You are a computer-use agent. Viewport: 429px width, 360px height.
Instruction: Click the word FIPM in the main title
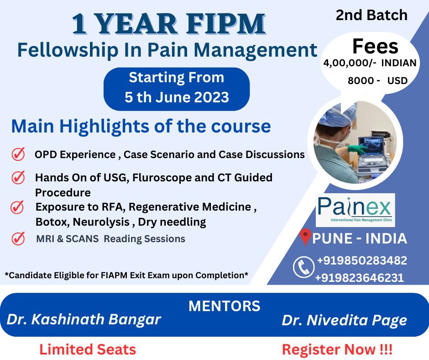(x=226, y=24)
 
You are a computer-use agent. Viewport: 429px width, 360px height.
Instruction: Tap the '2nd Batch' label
(x=371, y=15)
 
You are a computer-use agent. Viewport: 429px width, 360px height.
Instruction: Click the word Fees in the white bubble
(x=375, y=46)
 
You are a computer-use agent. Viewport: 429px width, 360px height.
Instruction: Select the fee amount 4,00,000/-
(x=350, y=63)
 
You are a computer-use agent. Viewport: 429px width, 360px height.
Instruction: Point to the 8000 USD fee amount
(x=377, y=81)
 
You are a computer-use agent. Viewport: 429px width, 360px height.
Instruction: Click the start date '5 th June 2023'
(x=177, y=97)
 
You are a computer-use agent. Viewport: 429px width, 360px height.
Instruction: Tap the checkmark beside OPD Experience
(x=18, y=154)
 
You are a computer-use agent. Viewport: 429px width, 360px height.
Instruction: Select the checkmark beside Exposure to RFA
(x=17, y=207)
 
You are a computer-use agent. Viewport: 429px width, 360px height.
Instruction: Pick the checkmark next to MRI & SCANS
(x=18, y=238)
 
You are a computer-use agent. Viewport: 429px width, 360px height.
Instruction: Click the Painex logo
(x=356, y=210)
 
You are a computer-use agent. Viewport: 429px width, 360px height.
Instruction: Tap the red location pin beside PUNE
(x=305, y=237)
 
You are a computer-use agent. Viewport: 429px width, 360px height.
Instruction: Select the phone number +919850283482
(x=362, y=260)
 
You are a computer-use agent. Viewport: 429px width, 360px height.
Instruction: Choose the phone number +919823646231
(x=360, y=278)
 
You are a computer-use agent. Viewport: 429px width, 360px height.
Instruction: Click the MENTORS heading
(x=225, y=306)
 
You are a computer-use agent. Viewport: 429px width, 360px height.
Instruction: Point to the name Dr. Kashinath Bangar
(x=84, y=320)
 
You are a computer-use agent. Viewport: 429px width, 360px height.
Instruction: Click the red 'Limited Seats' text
(x=88, y=350)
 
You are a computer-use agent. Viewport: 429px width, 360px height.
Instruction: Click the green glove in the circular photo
(x=357, y=149)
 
